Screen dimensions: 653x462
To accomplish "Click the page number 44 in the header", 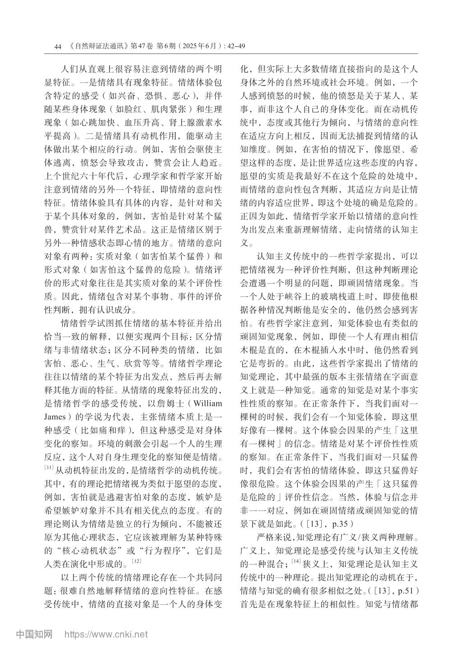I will [x=57, y=46].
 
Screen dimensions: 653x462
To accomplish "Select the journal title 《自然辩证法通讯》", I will [x=99, y=46].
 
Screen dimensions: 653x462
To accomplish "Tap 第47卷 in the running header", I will [x=141, y=46].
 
